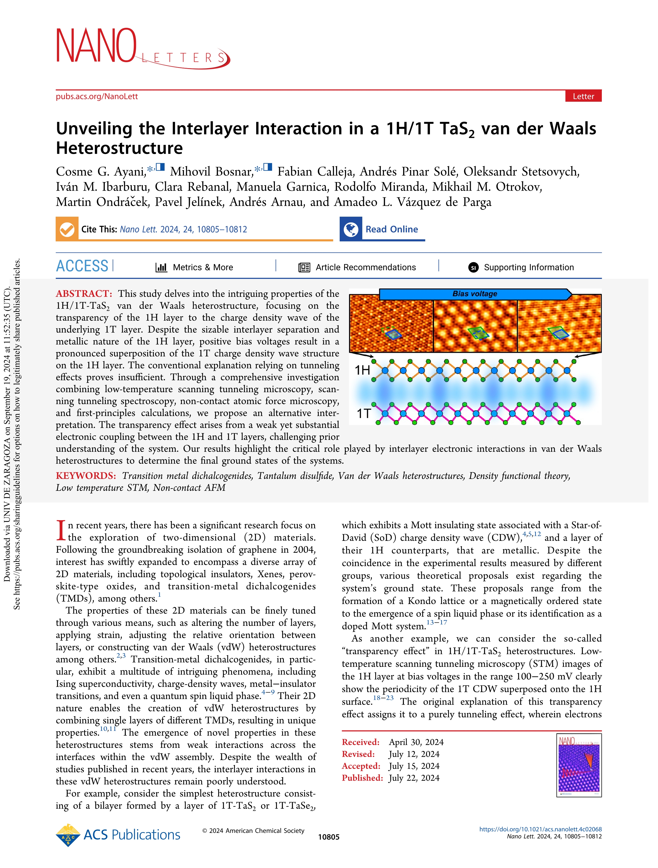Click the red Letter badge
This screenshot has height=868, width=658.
[583, 96]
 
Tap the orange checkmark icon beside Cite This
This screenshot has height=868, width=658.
[67, 229]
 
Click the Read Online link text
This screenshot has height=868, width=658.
[392, 229]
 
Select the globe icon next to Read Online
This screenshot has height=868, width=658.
[351, 229]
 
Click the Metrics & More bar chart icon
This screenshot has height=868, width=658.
[161, 267]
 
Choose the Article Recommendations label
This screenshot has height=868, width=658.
[365, 267]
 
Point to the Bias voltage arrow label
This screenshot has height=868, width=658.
[474, 293]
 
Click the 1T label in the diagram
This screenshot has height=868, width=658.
[363, 413]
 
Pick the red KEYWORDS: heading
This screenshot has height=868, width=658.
[86, 475]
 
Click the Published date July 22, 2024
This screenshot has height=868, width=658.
[414, 778]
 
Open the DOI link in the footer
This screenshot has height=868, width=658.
[540, 829]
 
